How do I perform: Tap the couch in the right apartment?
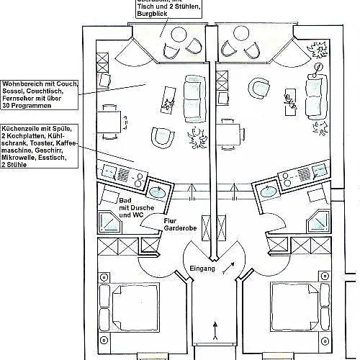315,95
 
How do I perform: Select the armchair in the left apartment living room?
163,137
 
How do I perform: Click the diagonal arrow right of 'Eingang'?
228,268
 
